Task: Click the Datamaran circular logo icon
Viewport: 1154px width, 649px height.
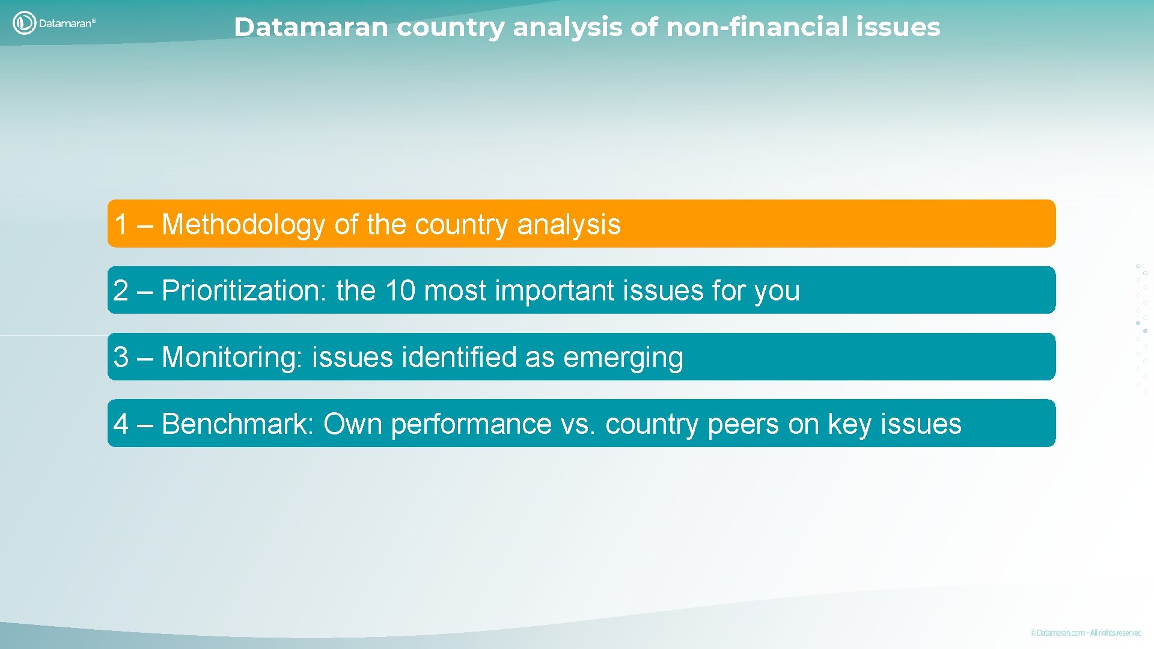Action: click(x=24, y=23)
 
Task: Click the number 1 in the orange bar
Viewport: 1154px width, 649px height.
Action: click(x=121, y=225)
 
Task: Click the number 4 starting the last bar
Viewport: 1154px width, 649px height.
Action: click(x=121, y=424)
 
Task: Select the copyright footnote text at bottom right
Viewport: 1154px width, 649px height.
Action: click(x=1085, y=633)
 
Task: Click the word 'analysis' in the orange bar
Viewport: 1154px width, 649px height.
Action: click(x=568, y=225)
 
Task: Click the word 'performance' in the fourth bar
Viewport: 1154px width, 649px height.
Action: click(x=471, y=424)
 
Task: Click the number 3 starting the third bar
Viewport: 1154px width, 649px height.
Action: click(x=121, y=357)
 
